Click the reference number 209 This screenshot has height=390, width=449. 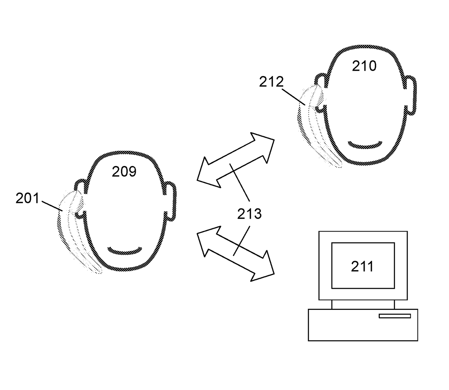(124, 171)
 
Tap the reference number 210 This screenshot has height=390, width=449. (364, 66)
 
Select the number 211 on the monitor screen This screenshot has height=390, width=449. (362, 266)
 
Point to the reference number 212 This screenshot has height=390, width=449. (271, 82)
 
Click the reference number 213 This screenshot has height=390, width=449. (249, 214)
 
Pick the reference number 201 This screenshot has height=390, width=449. (27, 198)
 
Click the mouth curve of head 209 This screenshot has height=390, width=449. (125, 250)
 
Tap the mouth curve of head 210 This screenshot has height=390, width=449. (365, 145)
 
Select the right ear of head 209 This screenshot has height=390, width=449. (171, 201)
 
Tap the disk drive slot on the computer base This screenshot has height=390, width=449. (394, 316)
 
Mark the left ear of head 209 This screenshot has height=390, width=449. (80, 199)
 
